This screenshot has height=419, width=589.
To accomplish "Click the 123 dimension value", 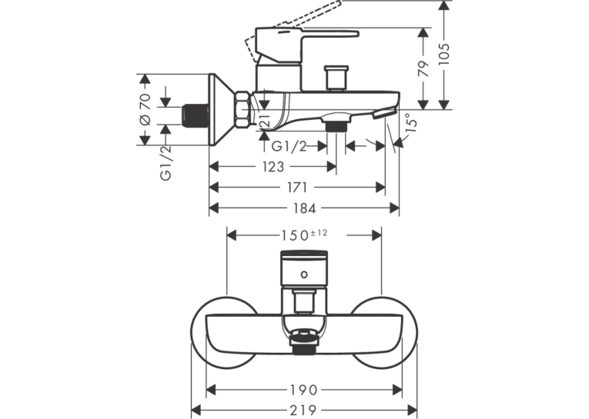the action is [x=273, y=167].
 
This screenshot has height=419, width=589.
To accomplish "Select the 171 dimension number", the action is [x=297, y=187].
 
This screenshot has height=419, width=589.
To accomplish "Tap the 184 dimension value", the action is [x=304, y=208].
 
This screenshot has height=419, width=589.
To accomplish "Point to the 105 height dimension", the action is [x=444, y=53].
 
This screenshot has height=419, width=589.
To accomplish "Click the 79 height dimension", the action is [x=423, y=68].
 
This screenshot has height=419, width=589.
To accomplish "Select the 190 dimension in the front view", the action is [x=303, y=390].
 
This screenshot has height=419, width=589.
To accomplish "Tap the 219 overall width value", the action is [x=303, y=410].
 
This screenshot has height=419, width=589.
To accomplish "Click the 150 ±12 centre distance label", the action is [x=304, y=235].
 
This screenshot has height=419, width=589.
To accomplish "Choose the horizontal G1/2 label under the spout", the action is [x=289, y=146].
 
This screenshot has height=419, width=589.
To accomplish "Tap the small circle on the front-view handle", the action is [x=304, y=274].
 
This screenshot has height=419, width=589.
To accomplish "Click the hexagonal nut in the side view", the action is [x=242, y=109].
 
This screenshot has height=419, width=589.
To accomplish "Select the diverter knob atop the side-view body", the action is [x=337, y=78].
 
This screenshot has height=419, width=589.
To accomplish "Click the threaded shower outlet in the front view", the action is [x=304, y=349].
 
